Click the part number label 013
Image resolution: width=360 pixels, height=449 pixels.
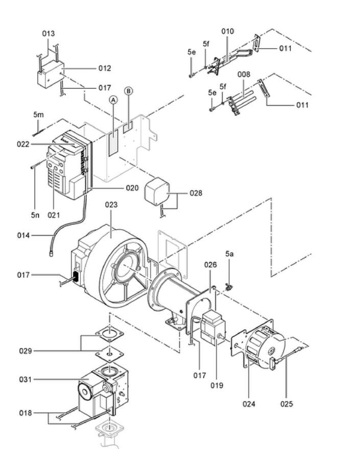(x=49, y=34)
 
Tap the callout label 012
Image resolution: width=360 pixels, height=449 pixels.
(x=105, y=68)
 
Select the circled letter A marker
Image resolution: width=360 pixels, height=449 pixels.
(x=113, y=100)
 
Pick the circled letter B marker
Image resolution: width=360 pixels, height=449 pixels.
(x=129, y=91)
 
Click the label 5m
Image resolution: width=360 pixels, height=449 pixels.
(x=38, y=115)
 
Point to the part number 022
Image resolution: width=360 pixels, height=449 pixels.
(x=23, y=144)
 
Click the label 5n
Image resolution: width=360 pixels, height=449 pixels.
(x=35, y=215)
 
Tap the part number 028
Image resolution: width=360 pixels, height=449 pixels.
(x=196, y=193)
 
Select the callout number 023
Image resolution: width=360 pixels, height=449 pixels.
(x=111, y=205)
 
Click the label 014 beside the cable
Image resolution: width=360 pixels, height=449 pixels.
(x=23, y=235)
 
